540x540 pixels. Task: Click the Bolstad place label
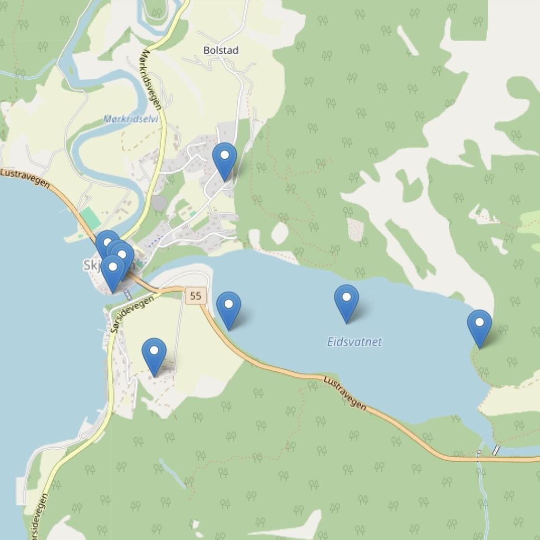(221, 50)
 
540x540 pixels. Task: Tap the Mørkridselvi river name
(131, 119)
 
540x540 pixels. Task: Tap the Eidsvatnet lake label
(354, 342)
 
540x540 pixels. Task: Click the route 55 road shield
(195, 295)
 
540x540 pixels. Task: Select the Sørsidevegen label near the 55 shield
(133, 311)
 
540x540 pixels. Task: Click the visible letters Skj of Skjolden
(92, 265)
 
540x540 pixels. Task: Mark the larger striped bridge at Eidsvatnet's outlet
(496, 450)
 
